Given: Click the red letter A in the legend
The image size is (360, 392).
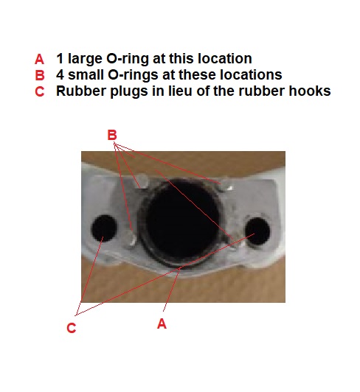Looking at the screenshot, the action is pyautogui.click(x=39, y=60).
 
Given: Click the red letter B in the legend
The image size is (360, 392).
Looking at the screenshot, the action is pyautogui.click(x=40, y=75).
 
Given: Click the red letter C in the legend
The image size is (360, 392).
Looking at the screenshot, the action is pyautogui.click(x=40, y=91).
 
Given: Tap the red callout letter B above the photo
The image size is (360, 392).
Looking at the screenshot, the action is pyautogui.click(x=112, y=135).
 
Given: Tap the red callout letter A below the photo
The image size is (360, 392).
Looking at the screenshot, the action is pyautogui.click(x=162, y=323).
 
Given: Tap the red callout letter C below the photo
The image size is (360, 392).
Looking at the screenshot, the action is pyautogui.click(x=72, y=328).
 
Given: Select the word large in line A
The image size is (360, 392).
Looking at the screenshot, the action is pyautogui.click(x=85, y=59).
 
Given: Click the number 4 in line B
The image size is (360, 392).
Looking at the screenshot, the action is pyautogui.click(x=60, y=74).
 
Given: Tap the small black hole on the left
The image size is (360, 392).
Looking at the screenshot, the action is pyautogui.click(x=104, y=228).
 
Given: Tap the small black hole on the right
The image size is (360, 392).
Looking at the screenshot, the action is pyautogui.click(x=257, y=231).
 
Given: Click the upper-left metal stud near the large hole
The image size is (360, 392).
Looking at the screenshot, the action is pyautogui.click(x=142, y=181).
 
